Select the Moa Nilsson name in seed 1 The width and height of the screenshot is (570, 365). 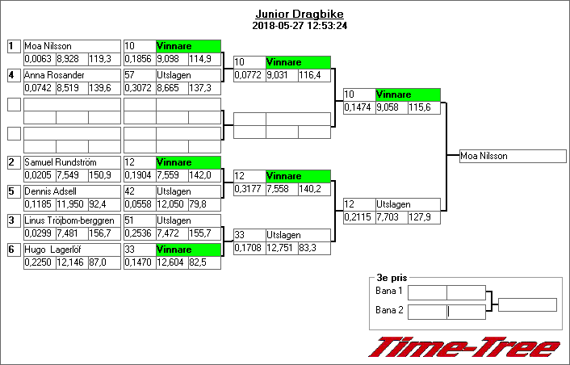point(72,46)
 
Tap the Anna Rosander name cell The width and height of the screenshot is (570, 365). point(72,75)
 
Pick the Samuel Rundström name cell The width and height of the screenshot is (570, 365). point(72,162)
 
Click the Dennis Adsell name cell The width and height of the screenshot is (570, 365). point(72,191)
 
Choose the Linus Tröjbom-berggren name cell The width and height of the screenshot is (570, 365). point(72,220)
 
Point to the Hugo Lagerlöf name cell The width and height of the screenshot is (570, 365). point(72,250)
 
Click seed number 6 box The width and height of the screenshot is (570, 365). point(14,250)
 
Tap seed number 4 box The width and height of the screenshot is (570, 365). point(14,75)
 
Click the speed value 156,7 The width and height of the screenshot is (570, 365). point(104,233)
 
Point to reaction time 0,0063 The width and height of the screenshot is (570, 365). point(39,58)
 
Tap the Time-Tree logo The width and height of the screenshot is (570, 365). point(464,347)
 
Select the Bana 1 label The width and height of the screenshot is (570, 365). point(389,291)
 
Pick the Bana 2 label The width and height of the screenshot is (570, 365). point(389,309)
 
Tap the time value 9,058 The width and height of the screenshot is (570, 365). point(392,107)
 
